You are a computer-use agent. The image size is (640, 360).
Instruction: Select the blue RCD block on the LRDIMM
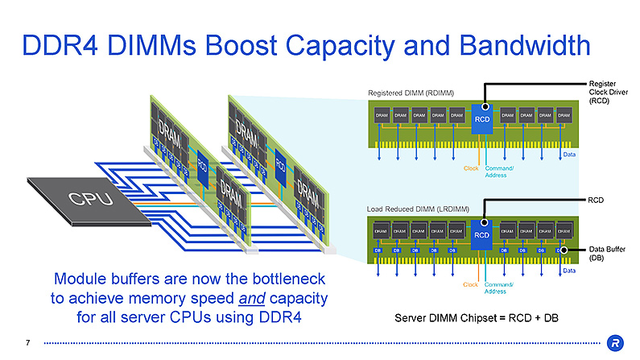point(481,234)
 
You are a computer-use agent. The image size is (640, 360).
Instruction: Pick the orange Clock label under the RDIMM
point(471,168)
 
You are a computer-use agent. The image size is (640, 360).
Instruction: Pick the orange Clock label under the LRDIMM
point(471,284)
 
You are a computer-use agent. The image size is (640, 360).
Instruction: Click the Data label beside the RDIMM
point(569,154)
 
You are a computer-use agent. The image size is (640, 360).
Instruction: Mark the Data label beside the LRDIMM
point(569,271)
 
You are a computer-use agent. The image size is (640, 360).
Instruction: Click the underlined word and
point(246,299)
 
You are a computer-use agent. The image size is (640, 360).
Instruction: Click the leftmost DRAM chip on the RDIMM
point(383,116)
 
